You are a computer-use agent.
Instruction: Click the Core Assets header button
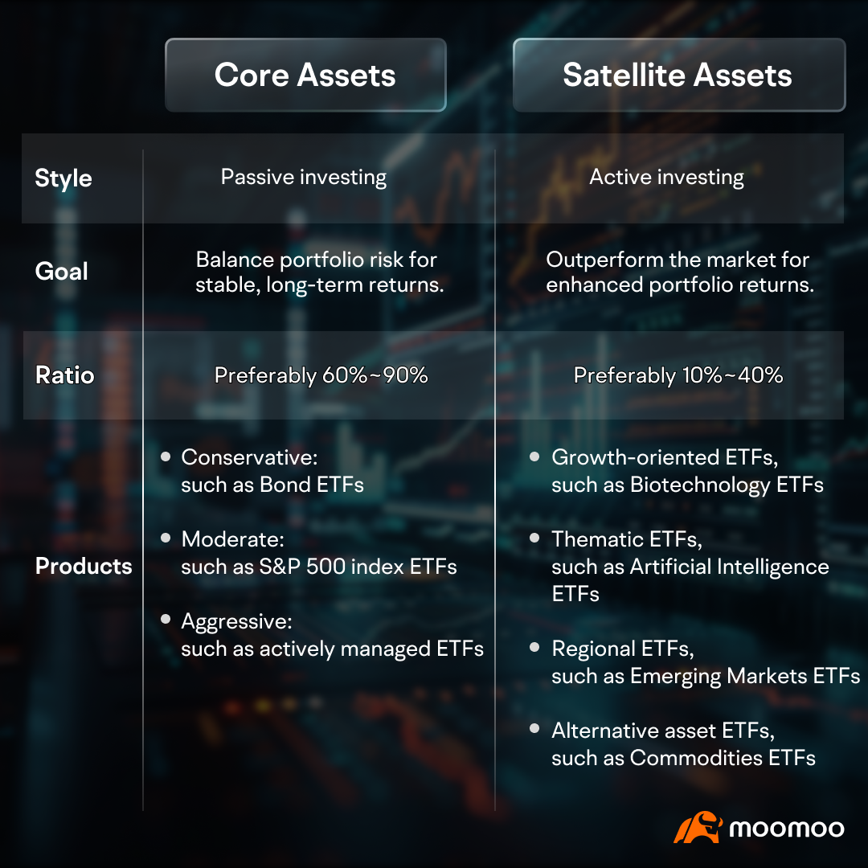coord(305,75)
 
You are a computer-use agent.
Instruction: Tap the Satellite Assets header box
coord(679,75)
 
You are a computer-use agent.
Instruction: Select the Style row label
coord(63,178)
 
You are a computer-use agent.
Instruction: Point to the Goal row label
coord(61,272)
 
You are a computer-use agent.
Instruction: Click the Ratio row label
coord(65,375)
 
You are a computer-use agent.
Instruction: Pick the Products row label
coord(84,566)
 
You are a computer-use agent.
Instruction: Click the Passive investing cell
coord(303,178)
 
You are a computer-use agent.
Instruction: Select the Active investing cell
coord(666,178)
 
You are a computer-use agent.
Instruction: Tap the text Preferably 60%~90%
coord(321,375)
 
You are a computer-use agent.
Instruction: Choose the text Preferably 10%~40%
coord(678,375)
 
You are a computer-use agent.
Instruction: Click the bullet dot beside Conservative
coord(166,457)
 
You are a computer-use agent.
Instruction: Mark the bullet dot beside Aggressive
coord(166,620)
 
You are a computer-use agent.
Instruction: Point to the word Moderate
coord(232,539)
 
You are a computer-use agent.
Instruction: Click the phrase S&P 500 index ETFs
coord(358,567)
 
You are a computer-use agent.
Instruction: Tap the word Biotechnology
coord(700,485)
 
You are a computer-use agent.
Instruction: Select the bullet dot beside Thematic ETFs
coord(534,538)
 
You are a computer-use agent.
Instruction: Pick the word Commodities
coord(696,758)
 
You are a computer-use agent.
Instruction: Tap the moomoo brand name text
coord(787,829)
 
